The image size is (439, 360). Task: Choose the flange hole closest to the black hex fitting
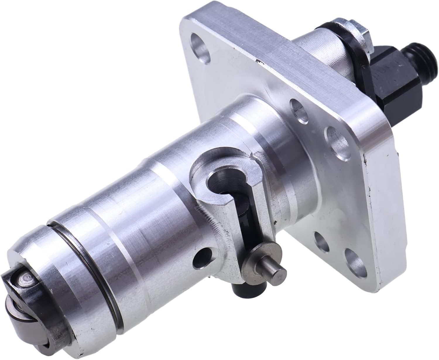point(334,138)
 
